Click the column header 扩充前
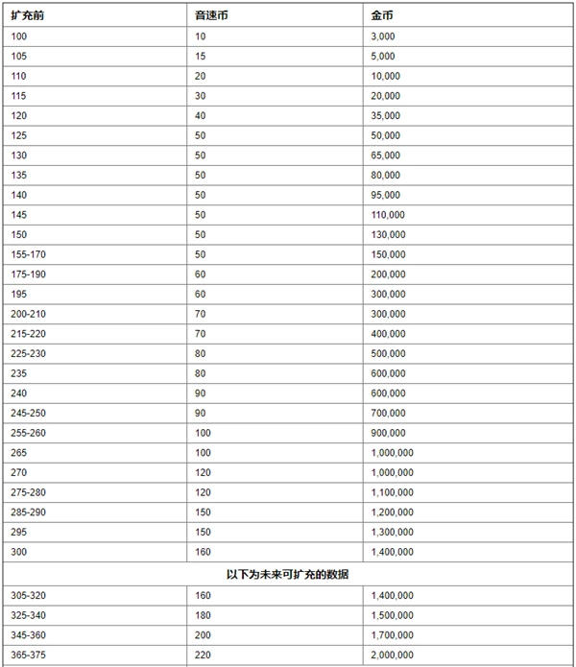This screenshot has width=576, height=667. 25,15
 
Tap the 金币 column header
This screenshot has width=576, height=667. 380,15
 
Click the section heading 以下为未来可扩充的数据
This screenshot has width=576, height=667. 287,574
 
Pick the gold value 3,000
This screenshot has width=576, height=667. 384,36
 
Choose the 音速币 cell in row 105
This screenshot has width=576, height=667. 200,56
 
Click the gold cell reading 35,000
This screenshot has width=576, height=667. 387,115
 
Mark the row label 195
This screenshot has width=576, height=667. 19,294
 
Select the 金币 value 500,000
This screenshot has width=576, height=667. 389,353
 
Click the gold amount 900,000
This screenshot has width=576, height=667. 389,433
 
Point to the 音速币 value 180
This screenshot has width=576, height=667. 203,614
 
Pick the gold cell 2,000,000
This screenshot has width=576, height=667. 393,655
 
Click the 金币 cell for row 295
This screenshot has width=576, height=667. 393,532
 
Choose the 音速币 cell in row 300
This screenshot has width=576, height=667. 203,552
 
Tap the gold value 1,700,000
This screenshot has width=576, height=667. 393,634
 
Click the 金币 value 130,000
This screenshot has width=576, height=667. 389,234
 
